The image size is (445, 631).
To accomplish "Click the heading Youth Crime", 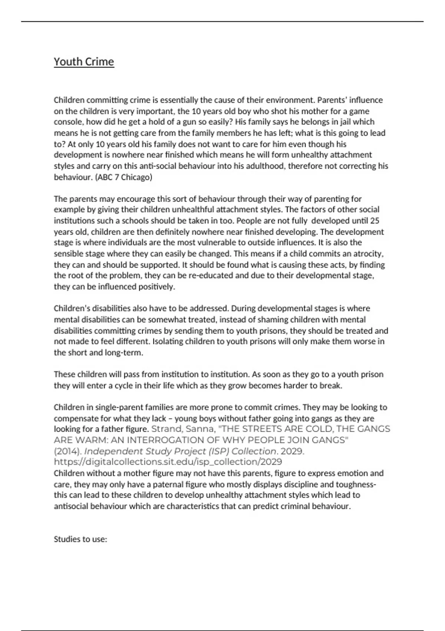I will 84,62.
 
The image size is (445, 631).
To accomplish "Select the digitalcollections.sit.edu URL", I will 168,462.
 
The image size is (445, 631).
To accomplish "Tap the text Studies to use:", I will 80,539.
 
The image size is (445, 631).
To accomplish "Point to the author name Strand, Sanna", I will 183,429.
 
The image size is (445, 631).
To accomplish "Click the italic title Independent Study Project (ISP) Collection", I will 181,451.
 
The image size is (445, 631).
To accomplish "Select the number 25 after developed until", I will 375,220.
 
